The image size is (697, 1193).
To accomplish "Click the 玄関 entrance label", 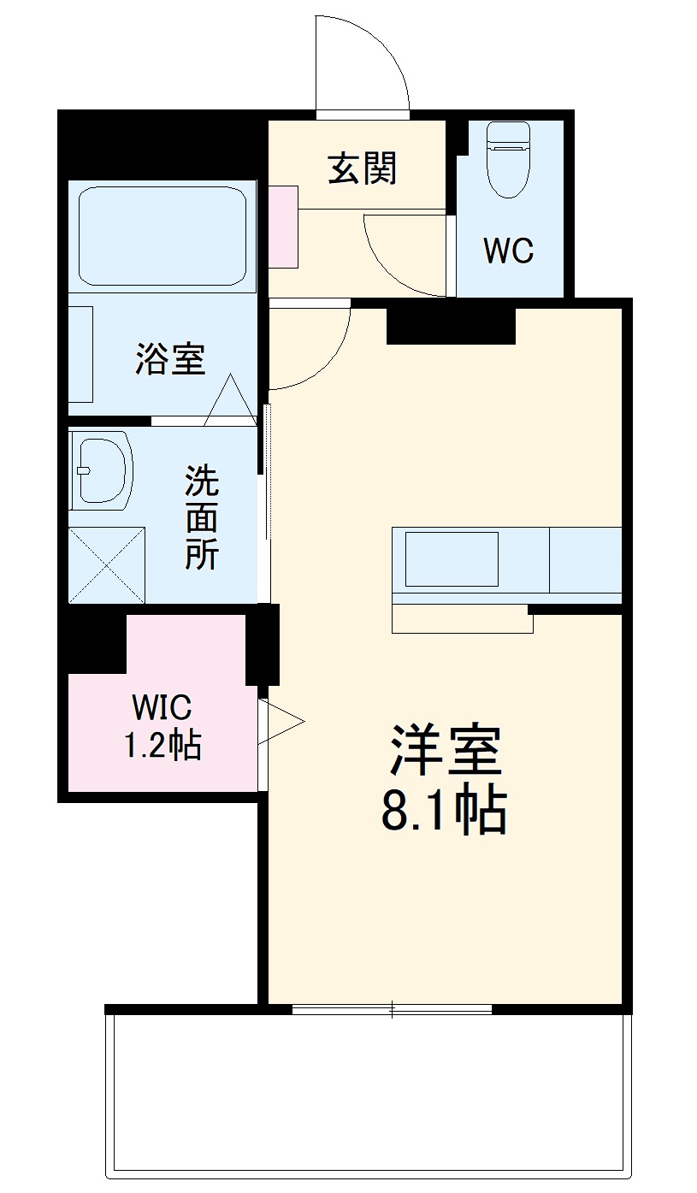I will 363,168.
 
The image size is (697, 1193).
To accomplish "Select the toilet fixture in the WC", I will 508,159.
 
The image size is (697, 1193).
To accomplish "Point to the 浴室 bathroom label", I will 170,358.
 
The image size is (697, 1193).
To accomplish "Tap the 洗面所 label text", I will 203,518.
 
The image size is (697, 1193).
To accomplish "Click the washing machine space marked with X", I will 107,565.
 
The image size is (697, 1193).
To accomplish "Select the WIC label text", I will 162,708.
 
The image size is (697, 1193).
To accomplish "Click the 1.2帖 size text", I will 163,747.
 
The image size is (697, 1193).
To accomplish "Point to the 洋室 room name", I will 444,750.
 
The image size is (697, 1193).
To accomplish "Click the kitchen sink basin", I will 452,558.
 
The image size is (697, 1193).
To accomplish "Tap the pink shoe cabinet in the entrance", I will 284,226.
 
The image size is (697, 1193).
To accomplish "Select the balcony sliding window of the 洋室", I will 392,1010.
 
